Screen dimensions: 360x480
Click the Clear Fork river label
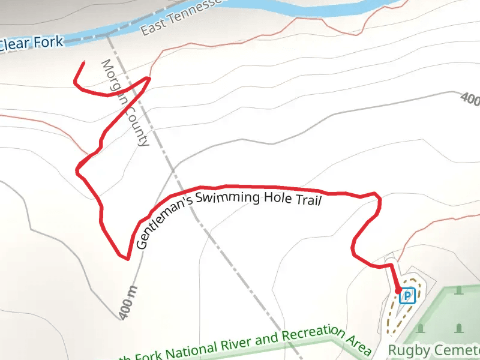31,44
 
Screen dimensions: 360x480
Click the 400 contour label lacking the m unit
470,99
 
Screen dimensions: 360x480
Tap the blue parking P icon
407,296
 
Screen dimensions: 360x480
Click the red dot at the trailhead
398,291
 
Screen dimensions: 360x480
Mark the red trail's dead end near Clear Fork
83,62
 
